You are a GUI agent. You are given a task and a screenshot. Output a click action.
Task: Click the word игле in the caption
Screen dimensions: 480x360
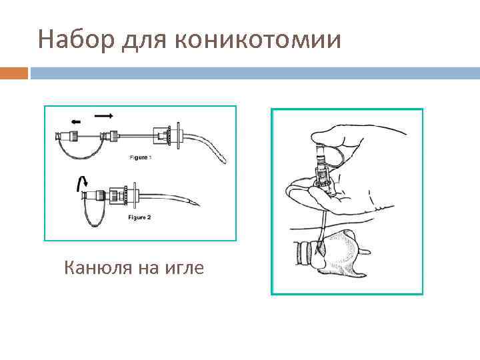(x=185, y=268)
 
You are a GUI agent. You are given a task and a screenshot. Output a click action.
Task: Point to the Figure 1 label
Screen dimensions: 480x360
(x=141, y=157)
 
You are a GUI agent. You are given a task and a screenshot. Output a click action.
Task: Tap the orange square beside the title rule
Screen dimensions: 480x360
(x=14, y=73)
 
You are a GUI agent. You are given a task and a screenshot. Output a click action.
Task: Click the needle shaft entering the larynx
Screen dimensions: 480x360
(x=321, y=227)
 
